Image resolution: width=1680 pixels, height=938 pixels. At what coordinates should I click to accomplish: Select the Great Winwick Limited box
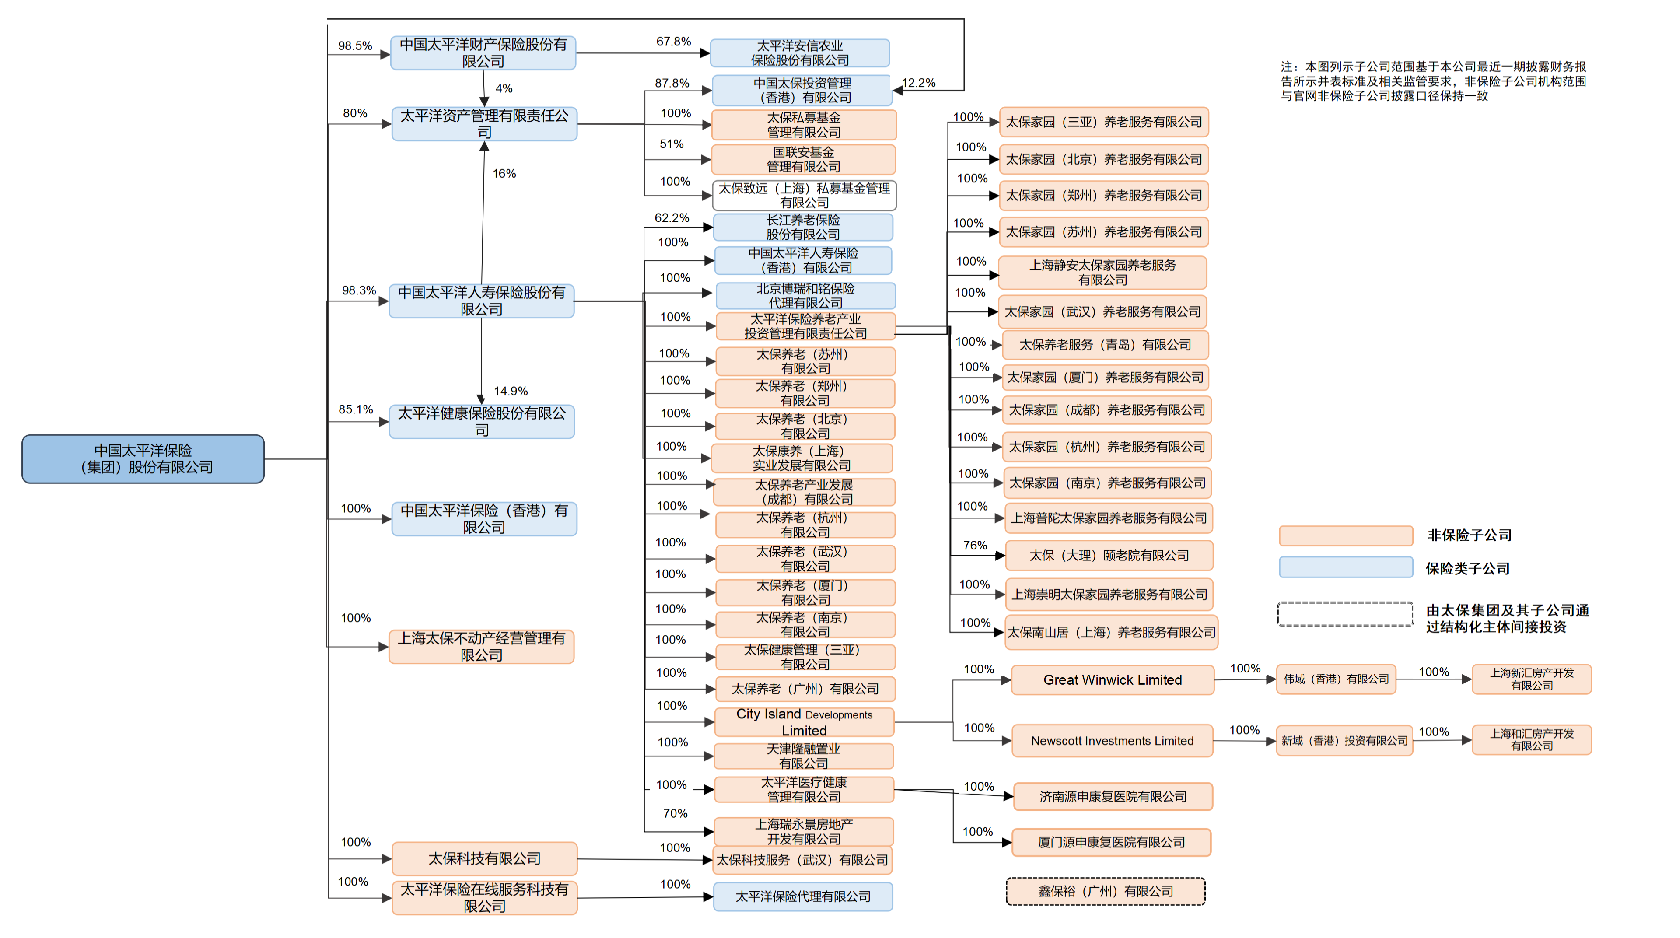pos(1112,680)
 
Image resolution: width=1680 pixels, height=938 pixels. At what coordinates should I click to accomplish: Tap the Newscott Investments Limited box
pos(1112,740)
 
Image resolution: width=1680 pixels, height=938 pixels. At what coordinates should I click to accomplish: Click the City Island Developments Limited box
pos(804,722)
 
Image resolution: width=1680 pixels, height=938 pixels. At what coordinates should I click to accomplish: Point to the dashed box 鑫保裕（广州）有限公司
pos(1106,891)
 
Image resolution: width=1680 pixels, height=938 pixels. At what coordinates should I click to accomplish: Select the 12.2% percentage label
pos(918,83)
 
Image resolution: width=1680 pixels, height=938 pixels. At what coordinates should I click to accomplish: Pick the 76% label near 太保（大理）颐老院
pos(975,545)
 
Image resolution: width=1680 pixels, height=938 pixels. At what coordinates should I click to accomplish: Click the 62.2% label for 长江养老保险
pos(672,218)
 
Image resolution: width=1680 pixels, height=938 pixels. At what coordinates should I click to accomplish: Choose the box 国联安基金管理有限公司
pos(804,159)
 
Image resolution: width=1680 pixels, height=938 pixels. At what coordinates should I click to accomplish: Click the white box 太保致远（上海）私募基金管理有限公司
pos(804,196)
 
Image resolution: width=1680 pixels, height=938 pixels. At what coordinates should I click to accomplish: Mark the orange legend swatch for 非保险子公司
pos(1345,535)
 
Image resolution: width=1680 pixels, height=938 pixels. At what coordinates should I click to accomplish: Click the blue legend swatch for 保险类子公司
pos(1345,567)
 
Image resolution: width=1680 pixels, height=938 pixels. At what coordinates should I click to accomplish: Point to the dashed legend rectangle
pos(1345,614)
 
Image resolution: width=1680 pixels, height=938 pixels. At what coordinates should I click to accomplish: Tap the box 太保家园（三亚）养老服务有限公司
pos(1103,122)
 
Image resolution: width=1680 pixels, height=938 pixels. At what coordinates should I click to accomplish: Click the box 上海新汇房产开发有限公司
pos(1531,679)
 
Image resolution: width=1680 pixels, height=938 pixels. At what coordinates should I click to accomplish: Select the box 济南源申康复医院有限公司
pos(1113,796)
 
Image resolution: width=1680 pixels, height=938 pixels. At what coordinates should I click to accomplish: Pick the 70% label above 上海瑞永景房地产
pos(675,813)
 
